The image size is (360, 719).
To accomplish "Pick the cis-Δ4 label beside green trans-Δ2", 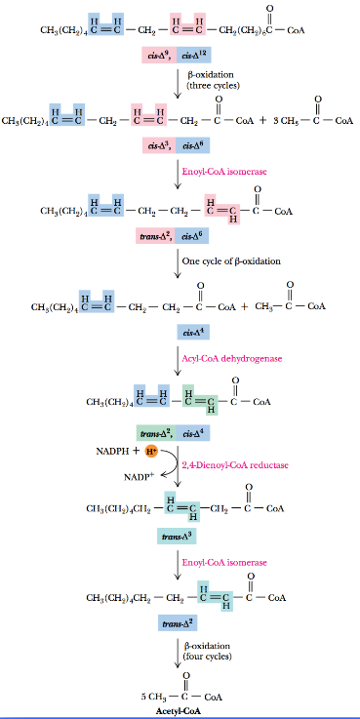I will (x=190, y=430).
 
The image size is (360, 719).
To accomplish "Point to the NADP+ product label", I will (x=138, y=477).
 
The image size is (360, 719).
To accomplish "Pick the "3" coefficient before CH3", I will (x=275, y=122).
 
